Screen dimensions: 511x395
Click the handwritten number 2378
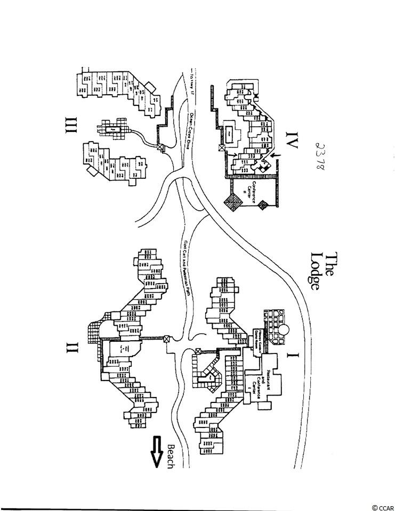point(320,155)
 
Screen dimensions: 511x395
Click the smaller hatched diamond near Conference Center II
point(264,204)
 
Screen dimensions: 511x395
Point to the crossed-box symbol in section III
point(160,147)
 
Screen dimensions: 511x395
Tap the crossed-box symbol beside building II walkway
point(166,339)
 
